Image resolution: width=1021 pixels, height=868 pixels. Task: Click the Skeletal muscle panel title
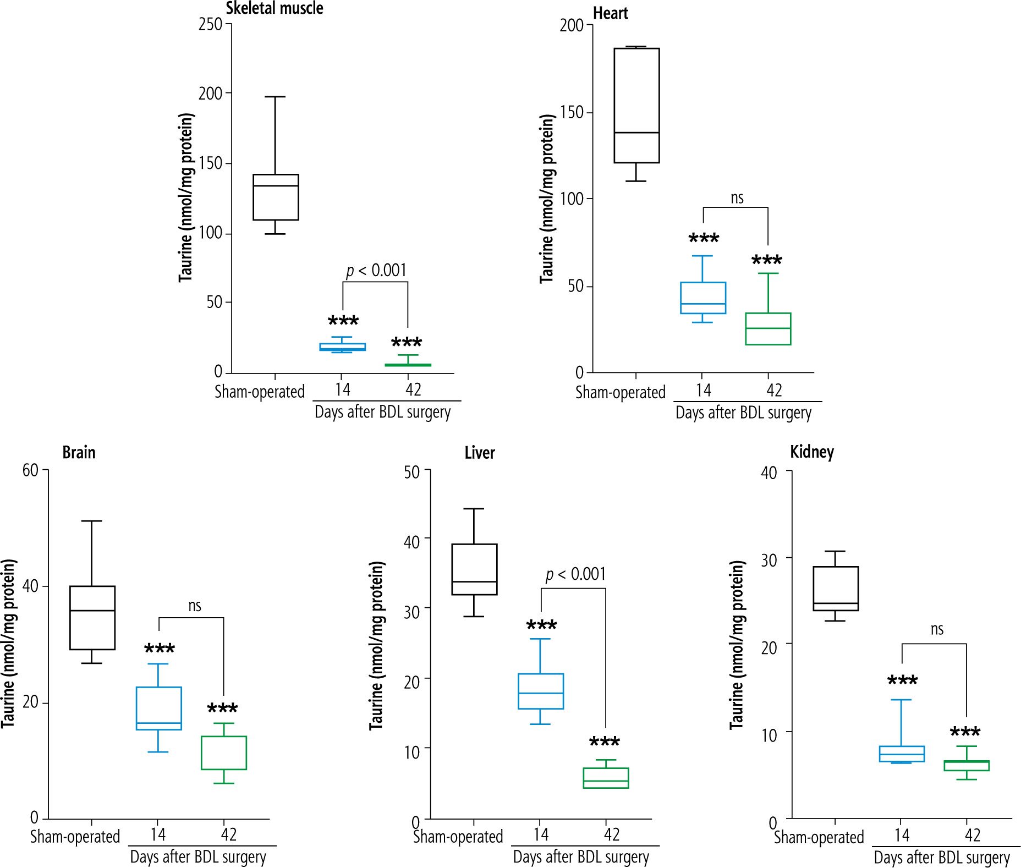[275, 8]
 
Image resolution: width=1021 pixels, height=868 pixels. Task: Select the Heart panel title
[610, 13]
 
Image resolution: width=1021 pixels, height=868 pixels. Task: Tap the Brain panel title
[79, 452]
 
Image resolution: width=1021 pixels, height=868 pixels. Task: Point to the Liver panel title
[479, 453]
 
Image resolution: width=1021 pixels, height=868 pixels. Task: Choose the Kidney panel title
[811, 452]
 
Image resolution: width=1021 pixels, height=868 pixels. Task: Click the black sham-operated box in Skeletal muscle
[276, 197]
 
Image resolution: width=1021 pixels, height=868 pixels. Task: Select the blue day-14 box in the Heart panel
[702, 298]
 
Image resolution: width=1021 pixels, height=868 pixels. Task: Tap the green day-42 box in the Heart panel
[768, 329]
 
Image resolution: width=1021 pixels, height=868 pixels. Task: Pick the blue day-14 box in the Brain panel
[158, 708]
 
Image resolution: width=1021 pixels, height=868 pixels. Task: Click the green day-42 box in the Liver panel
[606, 778]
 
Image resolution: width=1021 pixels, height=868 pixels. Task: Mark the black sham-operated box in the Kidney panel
[835, 589]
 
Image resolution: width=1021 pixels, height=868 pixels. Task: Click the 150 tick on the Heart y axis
[572, 112]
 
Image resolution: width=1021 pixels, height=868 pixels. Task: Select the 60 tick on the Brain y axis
[30, 470]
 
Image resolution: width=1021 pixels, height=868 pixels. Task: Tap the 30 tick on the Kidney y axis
[769, 560]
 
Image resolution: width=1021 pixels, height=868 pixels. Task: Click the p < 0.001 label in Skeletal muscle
[376, 270]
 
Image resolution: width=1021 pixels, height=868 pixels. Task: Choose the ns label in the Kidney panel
[937, 629]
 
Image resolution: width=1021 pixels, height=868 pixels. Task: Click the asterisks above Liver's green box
[605, 741]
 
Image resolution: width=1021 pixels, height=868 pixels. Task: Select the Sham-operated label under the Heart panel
[620, 392]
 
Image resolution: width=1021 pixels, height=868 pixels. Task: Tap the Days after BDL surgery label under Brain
[198, 857]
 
